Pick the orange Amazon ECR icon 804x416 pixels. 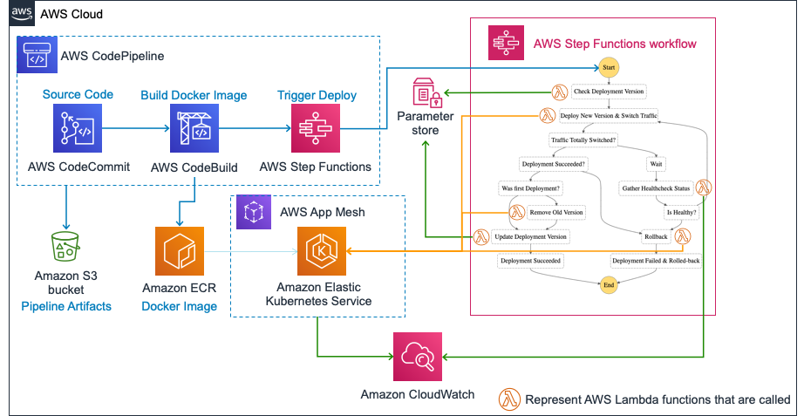pos(179,251)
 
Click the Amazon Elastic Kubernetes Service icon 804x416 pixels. pos(321,251)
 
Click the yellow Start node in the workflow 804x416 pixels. pos(609,68)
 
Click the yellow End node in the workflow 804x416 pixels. pos(609,283)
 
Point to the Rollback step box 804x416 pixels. pos(655,235)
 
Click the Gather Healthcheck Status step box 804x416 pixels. pos(656,188)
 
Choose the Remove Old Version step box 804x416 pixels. pos(555,212)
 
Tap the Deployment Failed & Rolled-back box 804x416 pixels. pos(656,260)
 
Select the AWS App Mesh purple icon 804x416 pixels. pos(254,211)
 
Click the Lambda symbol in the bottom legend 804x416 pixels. pos(508,399)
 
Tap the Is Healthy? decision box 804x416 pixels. pos(681,212)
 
